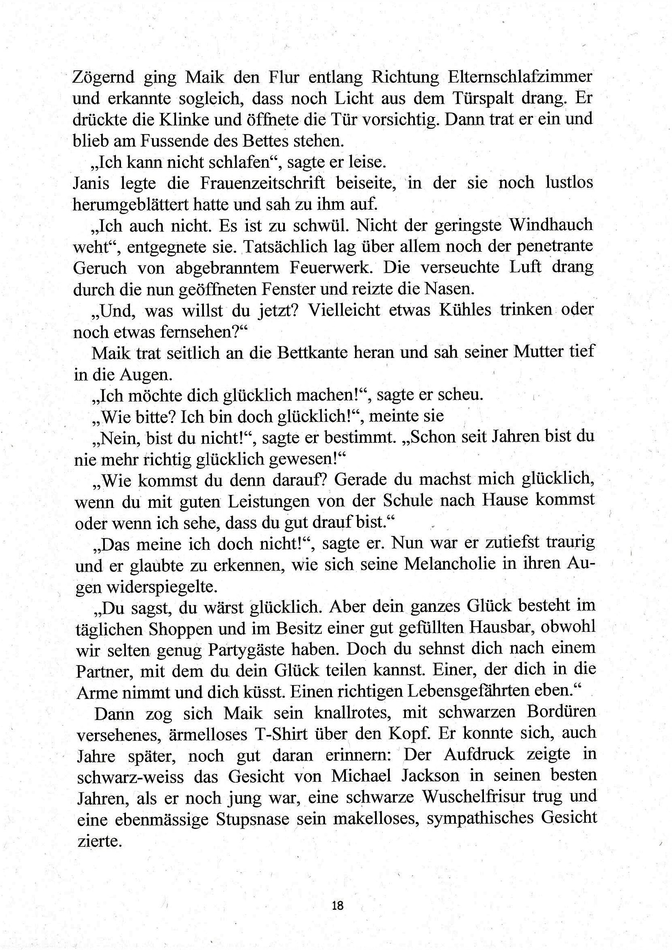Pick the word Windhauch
coord(551,226)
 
